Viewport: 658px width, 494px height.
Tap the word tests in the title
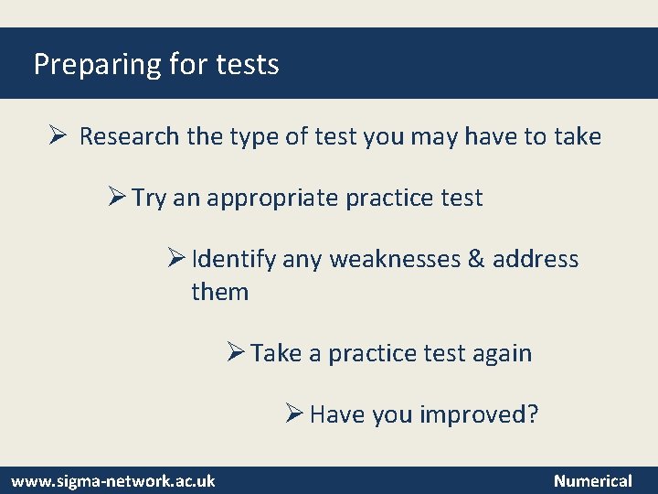pyautogui.click(x=248, y=65)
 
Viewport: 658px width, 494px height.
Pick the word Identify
pyautogui.click(x=234, y=260)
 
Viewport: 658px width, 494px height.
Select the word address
pyautogui.click(x=536, y=260)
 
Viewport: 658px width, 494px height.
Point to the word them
pyautogui.click(x=219, y=292)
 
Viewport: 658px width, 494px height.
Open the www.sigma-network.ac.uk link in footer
pyautogui.click(x=113, y=480)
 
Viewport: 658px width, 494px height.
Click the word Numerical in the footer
pyautogui.click(x=592, y=480)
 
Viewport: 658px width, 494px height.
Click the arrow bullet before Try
pyautogui.click(x=116, y=198)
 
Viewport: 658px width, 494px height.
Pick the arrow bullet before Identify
pyautogui.click(x=177, y=259)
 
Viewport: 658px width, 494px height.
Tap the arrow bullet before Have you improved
pyautogui.click(x=293, y=414)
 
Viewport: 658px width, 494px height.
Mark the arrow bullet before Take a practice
pyautogui.click(x=235, y=352)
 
